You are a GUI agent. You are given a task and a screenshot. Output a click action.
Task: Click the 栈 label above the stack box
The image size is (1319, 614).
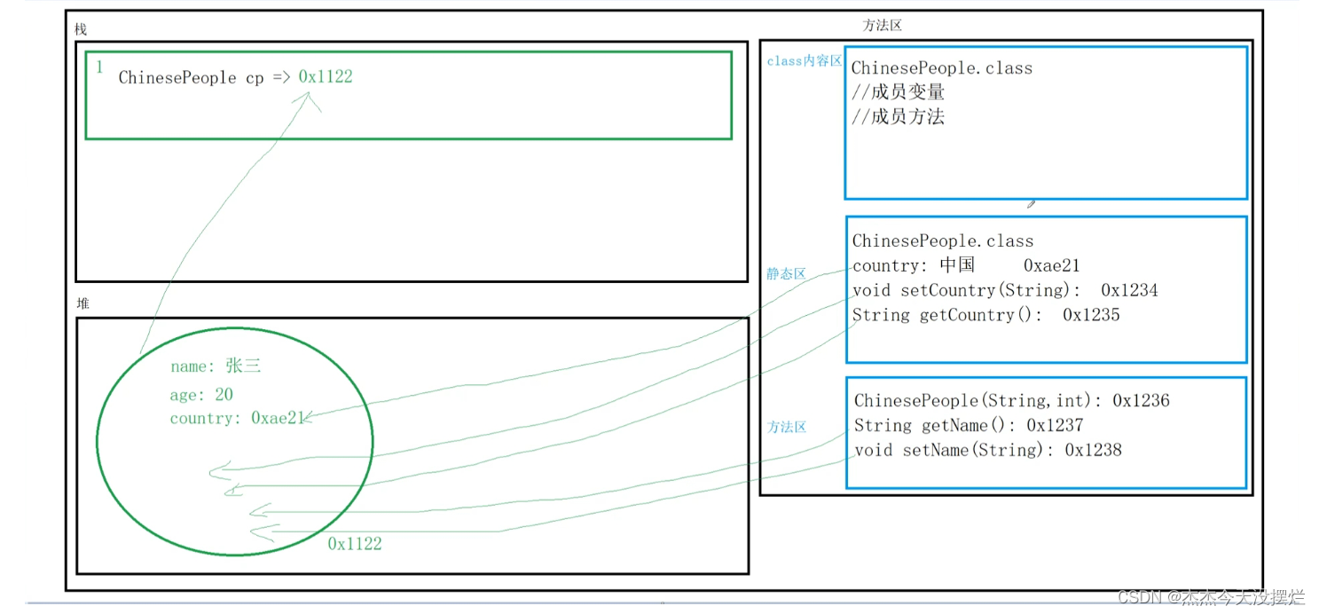[x=81, y=30]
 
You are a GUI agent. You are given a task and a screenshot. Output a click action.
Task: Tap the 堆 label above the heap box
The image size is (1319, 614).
[x=82, y=303]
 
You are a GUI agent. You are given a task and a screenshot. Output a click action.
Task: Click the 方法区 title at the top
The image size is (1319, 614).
[x=882, y=26]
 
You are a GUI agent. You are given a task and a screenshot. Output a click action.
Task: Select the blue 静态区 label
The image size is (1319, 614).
[x=786, y=274]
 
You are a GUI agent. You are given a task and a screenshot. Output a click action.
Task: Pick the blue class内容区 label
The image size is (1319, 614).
[x=804, y=61]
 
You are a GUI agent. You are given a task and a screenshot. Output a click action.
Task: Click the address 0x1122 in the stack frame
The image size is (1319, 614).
[x=326, y=77]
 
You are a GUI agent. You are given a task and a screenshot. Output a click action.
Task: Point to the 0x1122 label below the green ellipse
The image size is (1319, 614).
[x=355, y=544]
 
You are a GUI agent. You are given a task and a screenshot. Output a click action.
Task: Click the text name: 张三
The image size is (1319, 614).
[x=216, y=366]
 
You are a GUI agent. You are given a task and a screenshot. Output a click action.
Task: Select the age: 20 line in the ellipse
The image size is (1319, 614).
[x=201, y=395]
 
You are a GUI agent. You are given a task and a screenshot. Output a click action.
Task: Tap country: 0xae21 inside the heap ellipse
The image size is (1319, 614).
[x=237, y=418]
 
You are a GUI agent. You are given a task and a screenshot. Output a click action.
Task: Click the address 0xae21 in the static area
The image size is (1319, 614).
[x=1051, y=265]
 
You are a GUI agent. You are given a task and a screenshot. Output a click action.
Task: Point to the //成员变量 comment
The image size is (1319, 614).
[x=898, y=92]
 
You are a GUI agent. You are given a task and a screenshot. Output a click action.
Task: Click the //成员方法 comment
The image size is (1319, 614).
[x=898, y=116]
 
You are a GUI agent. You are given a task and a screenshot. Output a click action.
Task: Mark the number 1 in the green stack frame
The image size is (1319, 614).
[x=99, y=67]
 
